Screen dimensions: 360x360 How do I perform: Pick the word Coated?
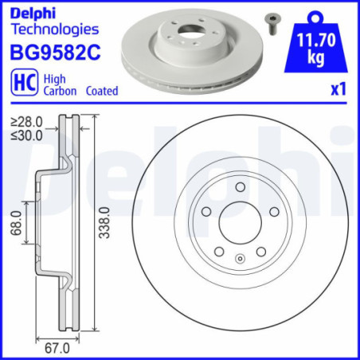click(x=101, y=91)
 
